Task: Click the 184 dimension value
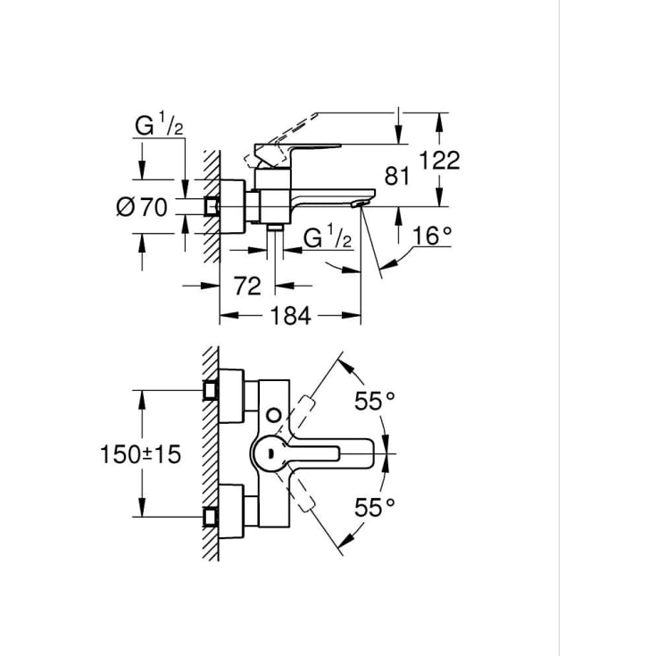pos(291,316)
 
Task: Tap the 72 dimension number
pos(247,286)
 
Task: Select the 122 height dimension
pos(439,161)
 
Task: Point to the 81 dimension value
pos(396,176)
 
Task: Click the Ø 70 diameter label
pos(142,207)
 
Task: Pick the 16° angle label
pos(432,236)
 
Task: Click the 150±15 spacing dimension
pos(141,454)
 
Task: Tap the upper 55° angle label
pos(375,402)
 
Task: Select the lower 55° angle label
pos(375,508)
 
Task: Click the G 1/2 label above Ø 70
pos(159,126)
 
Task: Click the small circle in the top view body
pos(274,415)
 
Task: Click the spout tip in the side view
pos(362,203)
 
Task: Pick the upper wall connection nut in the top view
pos(211,390)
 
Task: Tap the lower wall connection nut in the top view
pos(211,517)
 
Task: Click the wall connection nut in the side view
pos(212,207)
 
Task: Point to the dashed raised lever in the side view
pos(280,140)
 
